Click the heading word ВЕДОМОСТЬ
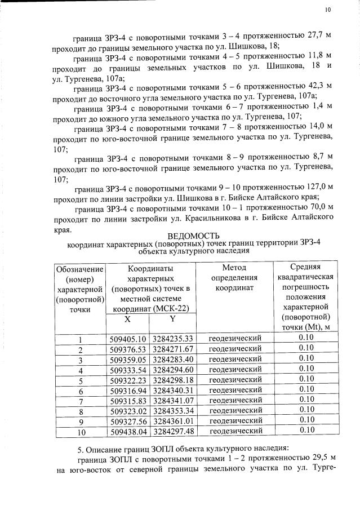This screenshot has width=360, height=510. (194, 236)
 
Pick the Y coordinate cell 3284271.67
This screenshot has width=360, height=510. (172, 349)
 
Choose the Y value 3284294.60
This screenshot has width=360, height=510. (172, 370)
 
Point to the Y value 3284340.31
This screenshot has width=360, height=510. (172, 390)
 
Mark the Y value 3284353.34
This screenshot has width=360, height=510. (172, 411)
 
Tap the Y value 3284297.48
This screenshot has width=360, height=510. (172, 431)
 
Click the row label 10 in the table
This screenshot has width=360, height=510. (81, 432)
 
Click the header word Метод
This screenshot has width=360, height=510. (234, 268)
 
